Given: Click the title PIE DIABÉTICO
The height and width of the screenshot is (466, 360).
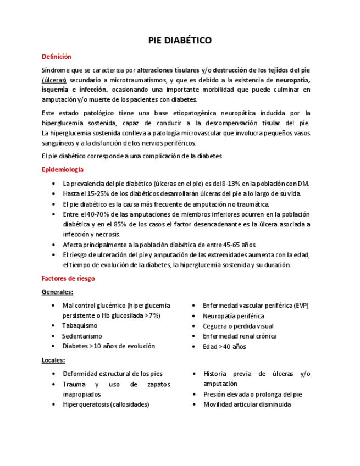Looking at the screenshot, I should tap(180, 41).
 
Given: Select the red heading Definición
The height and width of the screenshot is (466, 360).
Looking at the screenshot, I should tap(57, 57).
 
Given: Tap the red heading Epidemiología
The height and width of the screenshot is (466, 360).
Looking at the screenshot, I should tap(63, 170).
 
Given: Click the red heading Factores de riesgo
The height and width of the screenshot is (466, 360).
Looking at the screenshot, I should tap(68, 279).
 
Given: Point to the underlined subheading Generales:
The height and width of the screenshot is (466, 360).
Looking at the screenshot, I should tap(57, 292).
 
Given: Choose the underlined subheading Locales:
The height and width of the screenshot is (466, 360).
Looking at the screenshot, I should tap(53, 360).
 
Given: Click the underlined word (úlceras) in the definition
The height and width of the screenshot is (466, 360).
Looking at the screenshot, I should tap(54, 79).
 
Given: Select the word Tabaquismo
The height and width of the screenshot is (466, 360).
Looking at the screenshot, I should tap(80, 326).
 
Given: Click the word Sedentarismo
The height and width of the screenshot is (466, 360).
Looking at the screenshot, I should tap(82, 336).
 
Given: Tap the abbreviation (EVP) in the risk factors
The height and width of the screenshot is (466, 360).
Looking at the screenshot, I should tap(301, 306).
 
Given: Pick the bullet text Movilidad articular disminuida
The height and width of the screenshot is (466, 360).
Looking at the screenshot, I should tap(247, 404).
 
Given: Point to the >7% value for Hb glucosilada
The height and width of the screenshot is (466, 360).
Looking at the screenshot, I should tap(152, 315).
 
